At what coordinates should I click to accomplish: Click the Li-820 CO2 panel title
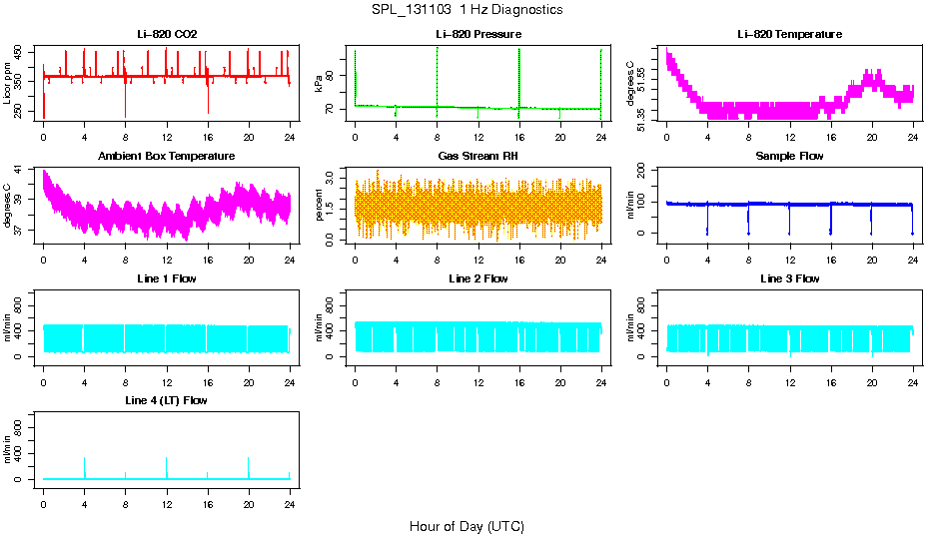pyautogui.click(x=167, y=35)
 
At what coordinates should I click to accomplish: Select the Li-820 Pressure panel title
pyautogui.click(x=478, y=35)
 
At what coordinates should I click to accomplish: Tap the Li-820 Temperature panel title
pyautogui.click(x=789, y=35)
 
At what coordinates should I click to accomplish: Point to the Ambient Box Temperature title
pyautogui.click(x=167, y=157)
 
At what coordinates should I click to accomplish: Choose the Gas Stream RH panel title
pyautogui.click(x=478, y=157)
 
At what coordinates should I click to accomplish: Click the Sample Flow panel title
pyautogui.click(x=789, y=157)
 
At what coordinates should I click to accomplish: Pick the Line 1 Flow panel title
pyautogui.click(x=167, y=278)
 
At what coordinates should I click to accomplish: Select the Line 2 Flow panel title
pyautogui.click(x=478, y=278)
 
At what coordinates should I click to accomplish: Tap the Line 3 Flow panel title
pyautogui.click(x=789, y=278)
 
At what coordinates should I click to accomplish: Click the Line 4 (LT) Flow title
pyautogui.click(x=167, y=400)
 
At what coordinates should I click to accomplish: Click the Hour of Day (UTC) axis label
pyautogui.click(x=467, y=526)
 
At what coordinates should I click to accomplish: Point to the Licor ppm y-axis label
pyautogui.click(x=8, y=84)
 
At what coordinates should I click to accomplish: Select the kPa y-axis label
pyautogui.click(x=320, y=85)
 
